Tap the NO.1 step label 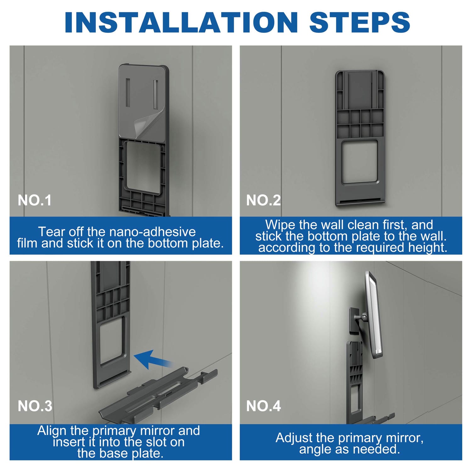(35, 200)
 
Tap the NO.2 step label (263, 200)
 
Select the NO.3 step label (35, 406)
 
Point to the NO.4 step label (263, 406)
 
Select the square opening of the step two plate (360, 162)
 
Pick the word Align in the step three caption (52, 431)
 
